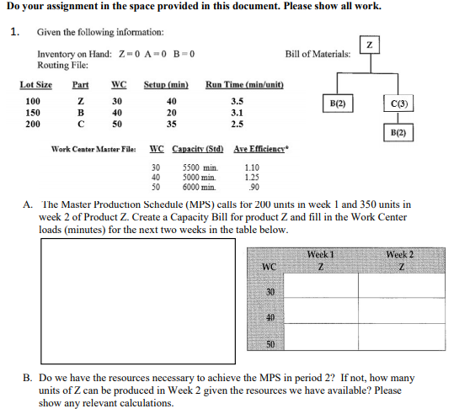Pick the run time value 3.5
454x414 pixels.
(237, 100)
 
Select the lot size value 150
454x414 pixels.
(33, 111)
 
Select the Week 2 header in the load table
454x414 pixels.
(399, 254)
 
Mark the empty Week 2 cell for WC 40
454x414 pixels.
(399, 316)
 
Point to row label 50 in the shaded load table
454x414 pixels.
(270, 344)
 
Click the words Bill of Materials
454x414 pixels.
(318, 54)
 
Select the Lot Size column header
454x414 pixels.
(35, 85)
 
